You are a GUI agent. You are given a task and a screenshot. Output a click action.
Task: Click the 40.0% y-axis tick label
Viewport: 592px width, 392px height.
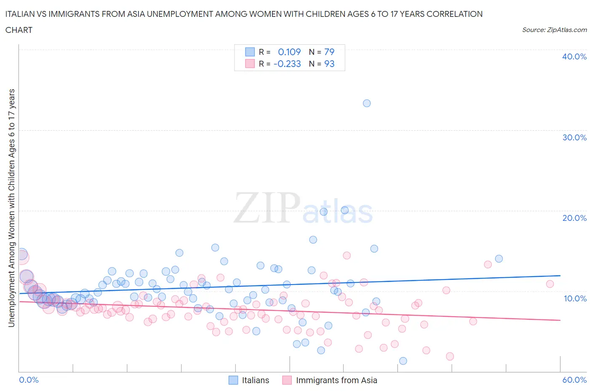(574, 56)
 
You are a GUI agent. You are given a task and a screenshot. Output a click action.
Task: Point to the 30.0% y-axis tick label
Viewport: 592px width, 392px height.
(574, 137)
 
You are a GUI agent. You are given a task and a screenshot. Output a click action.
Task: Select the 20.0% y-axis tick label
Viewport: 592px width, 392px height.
(574, 218)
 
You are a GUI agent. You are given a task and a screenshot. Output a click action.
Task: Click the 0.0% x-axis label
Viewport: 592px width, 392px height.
(29, 380)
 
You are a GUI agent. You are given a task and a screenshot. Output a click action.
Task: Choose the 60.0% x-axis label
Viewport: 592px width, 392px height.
(574, 380)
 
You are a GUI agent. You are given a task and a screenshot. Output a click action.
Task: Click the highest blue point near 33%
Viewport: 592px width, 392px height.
(367, 103)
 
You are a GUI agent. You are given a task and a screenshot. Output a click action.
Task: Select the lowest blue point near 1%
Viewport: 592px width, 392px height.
(403, 361)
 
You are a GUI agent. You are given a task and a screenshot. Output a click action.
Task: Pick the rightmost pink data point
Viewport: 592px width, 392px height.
(550, 284)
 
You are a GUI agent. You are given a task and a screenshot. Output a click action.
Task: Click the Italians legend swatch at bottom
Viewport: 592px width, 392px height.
(233, 380)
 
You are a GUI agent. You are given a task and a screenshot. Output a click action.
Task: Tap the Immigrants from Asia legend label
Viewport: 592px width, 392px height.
(336, 380)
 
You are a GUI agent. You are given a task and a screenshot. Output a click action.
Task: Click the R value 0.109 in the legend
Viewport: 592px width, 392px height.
(289, 52)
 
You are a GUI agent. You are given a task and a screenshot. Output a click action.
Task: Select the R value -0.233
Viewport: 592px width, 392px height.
(287, 64)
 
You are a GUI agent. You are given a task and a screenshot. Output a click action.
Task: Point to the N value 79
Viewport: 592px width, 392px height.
(329, 52)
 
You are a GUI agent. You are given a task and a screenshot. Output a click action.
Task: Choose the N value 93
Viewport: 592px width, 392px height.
(329, 64)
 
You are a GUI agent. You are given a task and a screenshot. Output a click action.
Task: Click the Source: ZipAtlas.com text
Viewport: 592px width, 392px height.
(554, 30)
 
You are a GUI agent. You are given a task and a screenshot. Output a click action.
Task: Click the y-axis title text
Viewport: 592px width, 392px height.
(11, 208)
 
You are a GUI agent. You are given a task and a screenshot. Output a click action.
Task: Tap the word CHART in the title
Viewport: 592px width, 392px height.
(19, 30)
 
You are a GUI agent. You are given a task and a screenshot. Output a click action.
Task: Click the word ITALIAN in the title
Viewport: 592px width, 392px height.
(21, 14)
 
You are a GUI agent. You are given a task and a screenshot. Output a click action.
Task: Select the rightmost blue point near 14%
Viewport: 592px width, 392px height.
(499, 259)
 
